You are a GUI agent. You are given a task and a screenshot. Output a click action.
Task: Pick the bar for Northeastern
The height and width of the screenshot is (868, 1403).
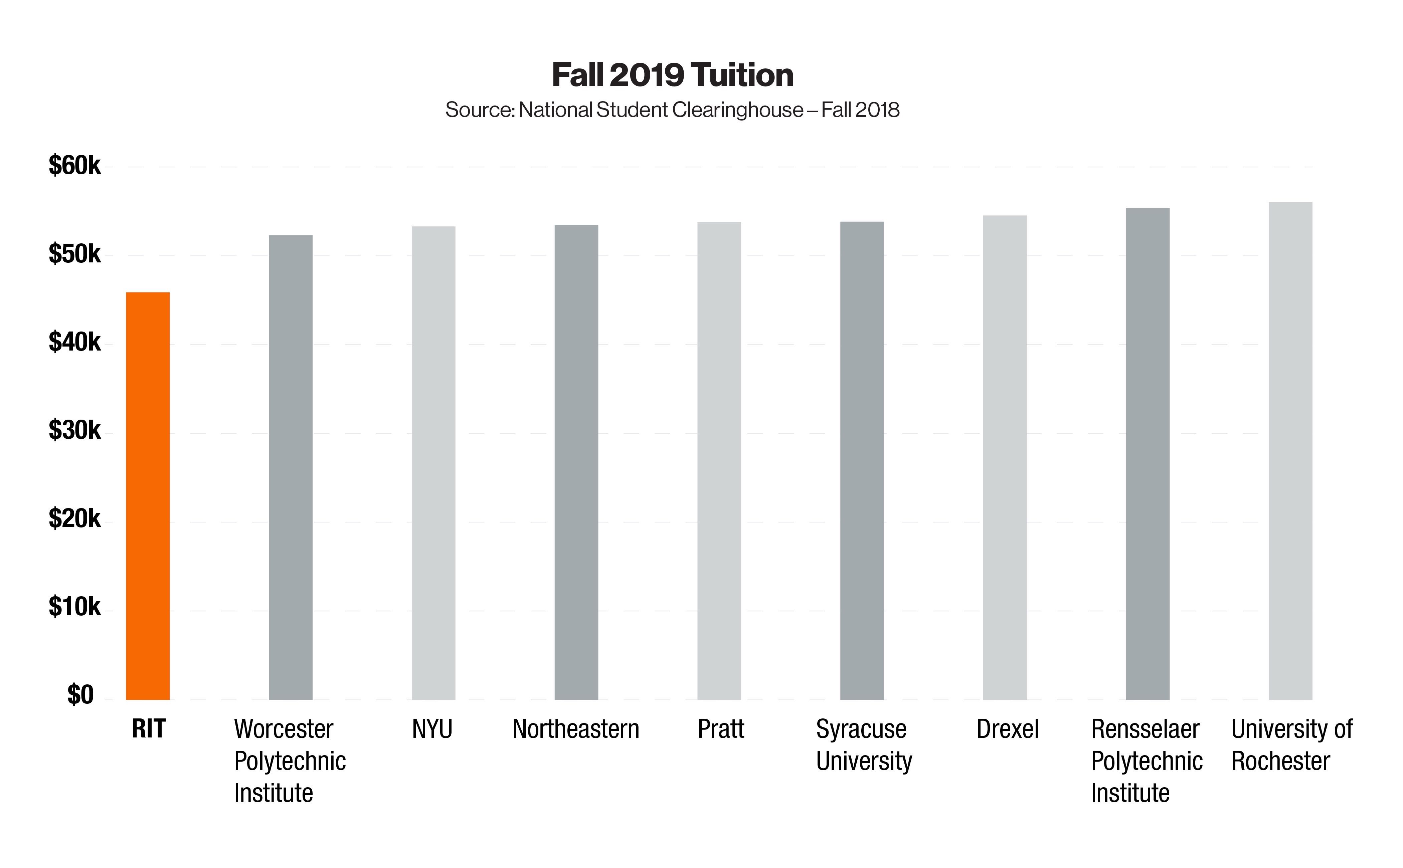click(x=576, y=462)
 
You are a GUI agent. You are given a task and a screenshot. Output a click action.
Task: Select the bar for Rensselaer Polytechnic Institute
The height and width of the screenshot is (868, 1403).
click(x=1148, y=453)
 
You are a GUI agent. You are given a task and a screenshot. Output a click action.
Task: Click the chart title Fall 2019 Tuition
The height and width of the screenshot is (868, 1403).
click(x=673, y=75)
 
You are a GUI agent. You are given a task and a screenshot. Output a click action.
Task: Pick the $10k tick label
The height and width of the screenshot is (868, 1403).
click(x=75, y=607)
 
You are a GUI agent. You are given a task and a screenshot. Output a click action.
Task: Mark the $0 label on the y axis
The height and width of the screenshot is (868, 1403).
click(x=80, y=695)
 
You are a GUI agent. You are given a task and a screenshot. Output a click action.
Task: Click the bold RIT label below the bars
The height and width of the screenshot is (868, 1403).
click(x=148, y=729)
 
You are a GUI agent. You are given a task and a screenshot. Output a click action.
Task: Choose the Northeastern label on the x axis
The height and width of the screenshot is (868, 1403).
click(x=575, y=729)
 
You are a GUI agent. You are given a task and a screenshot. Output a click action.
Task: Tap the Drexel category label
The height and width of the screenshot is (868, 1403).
click(x=1007, y=729)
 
